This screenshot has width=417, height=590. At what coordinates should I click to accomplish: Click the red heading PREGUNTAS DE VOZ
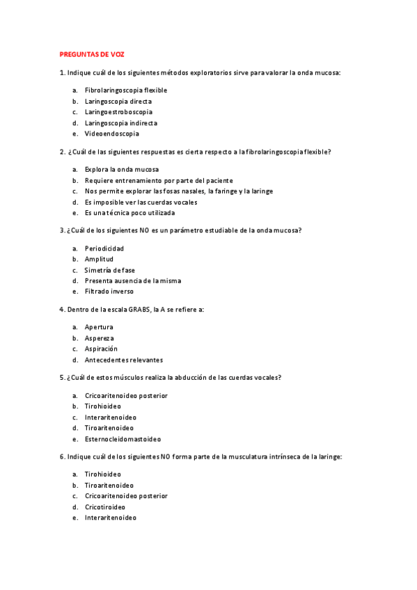pos(92,54)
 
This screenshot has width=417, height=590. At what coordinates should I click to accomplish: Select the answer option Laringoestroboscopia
pos(118,112)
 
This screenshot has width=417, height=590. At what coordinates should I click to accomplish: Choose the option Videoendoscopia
pos(111,134)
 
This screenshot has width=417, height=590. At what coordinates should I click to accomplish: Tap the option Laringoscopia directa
pos(118,102)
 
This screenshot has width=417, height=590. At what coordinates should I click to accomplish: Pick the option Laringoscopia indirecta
pos(120,123)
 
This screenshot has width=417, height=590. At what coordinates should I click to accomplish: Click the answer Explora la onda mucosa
pos(121,170)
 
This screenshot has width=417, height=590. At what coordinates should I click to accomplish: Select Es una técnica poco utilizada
pos(129,213)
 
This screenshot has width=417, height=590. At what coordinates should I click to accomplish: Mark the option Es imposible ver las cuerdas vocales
pos(141,202)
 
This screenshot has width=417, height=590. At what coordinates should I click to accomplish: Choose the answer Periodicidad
pos(104,248)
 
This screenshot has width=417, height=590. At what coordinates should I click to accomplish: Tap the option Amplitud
pos(99,260)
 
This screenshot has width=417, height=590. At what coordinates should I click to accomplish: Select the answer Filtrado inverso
pos(109,292)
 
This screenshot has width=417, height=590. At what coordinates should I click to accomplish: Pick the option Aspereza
pos(99,338)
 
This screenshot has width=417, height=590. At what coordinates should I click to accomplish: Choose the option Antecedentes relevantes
pos(123,360)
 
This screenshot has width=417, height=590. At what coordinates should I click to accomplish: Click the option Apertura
pos(99,327)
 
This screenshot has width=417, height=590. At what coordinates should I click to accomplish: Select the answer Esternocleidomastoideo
pos(123,439)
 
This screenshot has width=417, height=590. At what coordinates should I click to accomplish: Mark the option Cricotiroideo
pos(104,507)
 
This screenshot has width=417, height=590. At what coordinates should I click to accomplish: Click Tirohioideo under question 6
pos(102,475)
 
